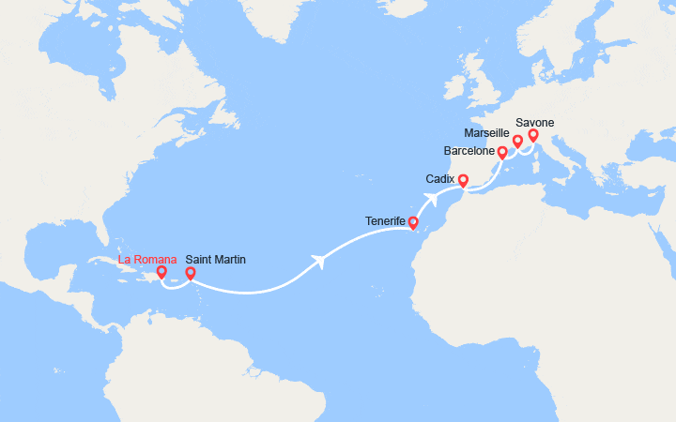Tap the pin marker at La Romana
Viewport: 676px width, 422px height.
(x=161, y=273)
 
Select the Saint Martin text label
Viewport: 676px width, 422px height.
(x=216, y=260)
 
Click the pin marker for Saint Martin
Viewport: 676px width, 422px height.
(x=190, y=274)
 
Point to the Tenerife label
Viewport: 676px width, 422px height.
(x=385, y=221)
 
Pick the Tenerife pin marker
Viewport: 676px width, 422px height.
(x=413, y=222)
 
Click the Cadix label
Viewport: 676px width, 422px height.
(x=439, y=178)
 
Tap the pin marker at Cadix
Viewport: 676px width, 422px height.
(x=463, y=179)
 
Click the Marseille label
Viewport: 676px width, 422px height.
(x=486, y=133)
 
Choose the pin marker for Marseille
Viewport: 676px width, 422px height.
(x=517, y=142)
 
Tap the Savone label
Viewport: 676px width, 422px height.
(x=535, y=123)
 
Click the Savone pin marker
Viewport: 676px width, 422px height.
(x=533, y=135)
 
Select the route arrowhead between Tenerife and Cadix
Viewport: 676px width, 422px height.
(x=433, y=197)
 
